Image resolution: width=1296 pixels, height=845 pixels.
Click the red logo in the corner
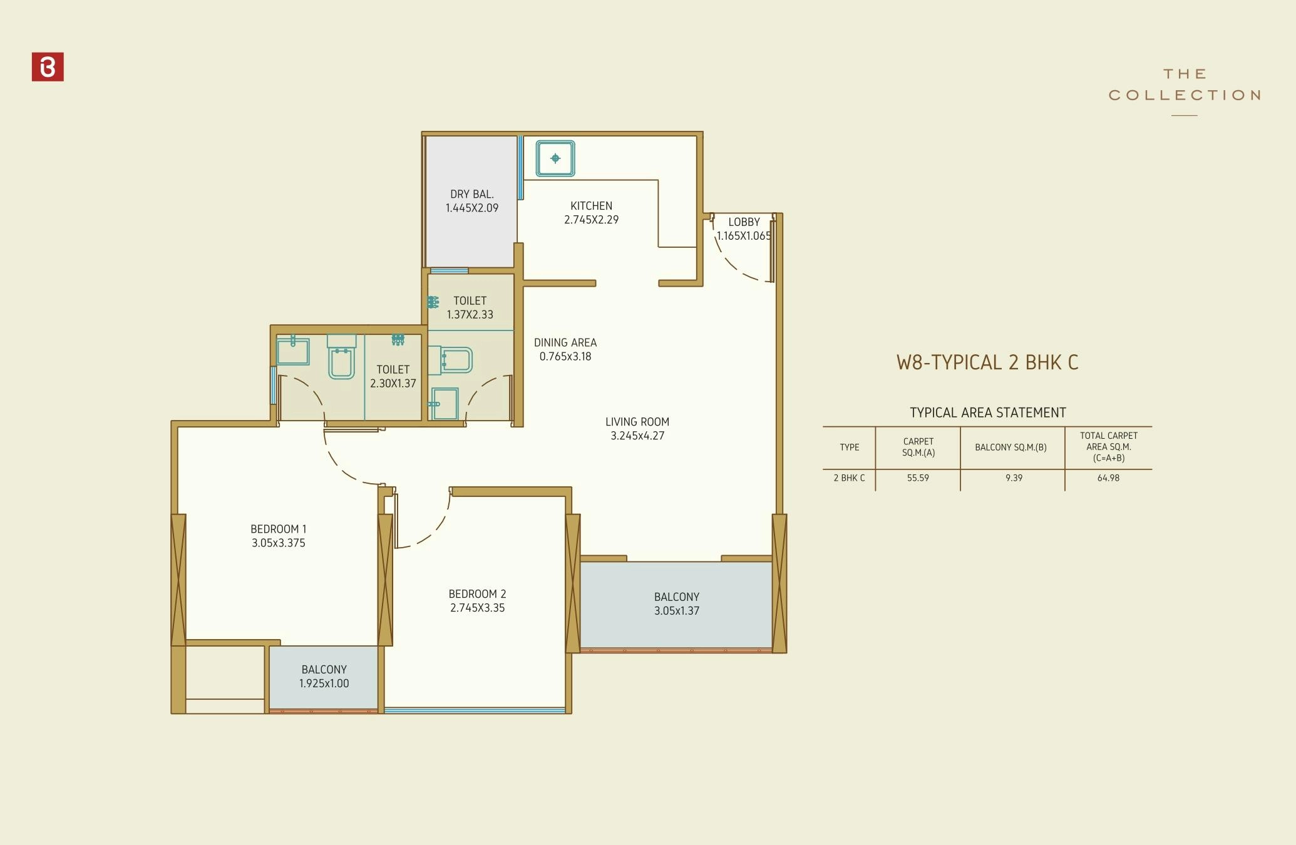tap(48, 67)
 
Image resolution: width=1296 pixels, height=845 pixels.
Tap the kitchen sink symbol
tap(555, 158)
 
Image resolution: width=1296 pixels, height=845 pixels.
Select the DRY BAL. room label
tap(471, 194)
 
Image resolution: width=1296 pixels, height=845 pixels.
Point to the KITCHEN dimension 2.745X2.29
tap(591, 220)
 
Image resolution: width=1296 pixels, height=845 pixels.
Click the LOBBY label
tap(744, 222)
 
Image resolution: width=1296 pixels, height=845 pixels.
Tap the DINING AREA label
tap(565, 342)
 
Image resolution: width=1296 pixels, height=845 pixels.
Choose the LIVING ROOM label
tap(637, 422)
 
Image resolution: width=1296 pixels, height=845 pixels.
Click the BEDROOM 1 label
tap(278, 529)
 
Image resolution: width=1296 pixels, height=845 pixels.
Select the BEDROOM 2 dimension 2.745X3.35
tap(477, 608)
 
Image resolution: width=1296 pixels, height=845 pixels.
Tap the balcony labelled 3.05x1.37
tap(676, 604)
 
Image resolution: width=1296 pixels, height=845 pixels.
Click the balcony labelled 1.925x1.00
tap(324, 677)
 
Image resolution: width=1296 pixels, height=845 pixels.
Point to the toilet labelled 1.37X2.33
tap(470, 307)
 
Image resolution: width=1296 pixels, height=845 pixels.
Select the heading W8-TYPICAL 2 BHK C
tap(987, 362)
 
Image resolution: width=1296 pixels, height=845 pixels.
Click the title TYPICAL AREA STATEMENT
tap(987, 412)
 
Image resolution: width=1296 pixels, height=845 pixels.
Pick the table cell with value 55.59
tap(918, 478)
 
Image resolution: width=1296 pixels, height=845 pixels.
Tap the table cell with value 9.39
tap(1014, 478)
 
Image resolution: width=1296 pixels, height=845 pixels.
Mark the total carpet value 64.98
tap(1108, 478)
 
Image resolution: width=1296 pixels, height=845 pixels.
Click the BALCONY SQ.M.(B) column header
tap(1011, 447)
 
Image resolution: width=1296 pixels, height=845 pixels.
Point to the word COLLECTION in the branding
tap(1184, 95)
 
